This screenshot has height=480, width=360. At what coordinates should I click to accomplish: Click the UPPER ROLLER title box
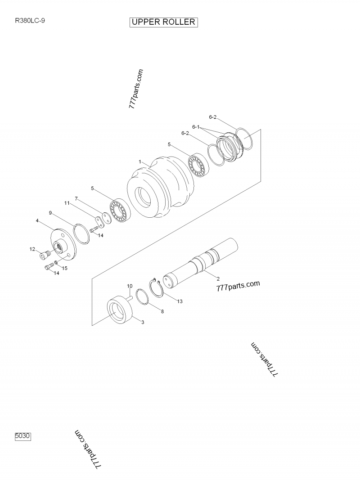tap(164, 22)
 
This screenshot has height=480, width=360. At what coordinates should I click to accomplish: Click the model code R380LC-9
tap(30, 21)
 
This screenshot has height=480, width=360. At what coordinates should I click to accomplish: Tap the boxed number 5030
tap(23, 436)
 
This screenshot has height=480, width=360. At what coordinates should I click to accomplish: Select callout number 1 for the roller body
tap(140, 161)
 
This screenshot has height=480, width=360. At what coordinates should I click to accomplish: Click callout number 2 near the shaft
tap(218, 278)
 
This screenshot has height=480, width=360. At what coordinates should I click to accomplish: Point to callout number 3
tap(143, 322)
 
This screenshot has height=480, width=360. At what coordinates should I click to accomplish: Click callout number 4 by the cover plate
tap(37, 220)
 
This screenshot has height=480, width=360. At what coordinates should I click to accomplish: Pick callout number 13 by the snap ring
tap(180, 301)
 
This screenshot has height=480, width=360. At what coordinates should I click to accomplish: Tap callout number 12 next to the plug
tap(32, 249)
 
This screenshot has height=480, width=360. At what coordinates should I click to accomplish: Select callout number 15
tap(65, 268)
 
